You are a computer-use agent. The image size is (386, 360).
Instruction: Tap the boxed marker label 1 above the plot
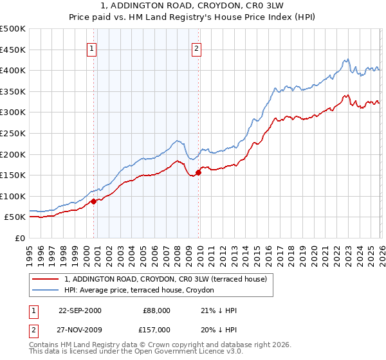[x=92, y=48]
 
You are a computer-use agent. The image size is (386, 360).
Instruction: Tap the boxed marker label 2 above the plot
[x=196, y=48]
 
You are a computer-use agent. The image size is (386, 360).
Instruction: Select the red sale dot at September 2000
[x=94, y=201]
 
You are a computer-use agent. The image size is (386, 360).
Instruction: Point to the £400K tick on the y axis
[x=14, y=71]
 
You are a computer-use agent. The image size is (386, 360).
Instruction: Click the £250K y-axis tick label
[x=14, y=133]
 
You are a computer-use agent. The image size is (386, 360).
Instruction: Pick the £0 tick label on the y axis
[x=21, y=238]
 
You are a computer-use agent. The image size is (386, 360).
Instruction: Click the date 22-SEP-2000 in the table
[x=80, y=310]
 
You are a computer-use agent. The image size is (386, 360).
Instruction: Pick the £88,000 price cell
[x=156, y=310]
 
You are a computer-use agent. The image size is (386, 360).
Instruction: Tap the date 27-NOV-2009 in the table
[x=80, y=330]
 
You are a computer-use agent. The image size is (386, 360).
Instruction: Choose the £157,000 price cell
[x=156, y=330]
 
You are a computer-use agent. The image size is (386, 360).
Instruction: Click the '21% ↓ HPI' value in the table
[x=219, y=310]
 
